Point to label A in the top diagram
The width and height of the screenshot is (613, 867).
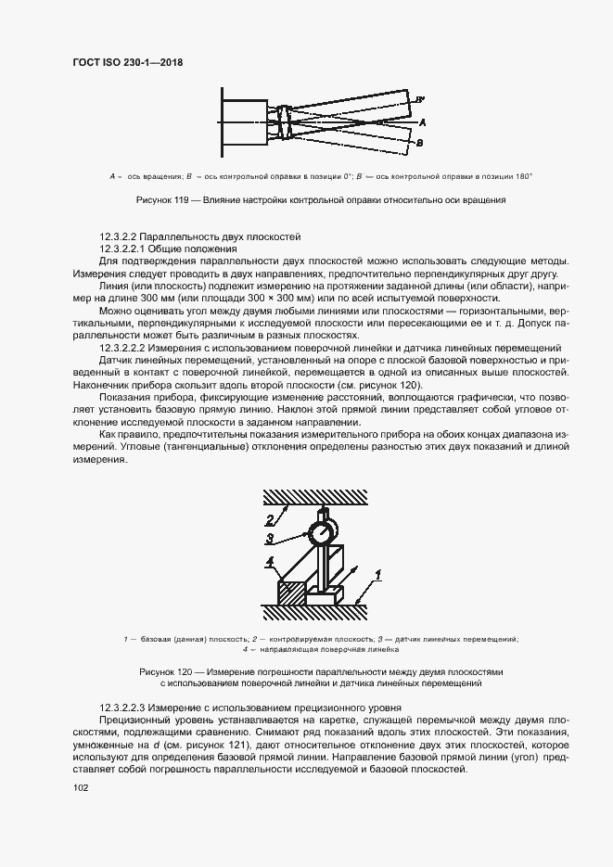coord(422,122)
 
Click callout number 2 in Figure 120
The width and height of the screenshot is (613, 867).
coord(270,519)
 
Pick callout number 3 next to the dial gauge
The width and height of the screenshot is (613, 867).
coord(268,537)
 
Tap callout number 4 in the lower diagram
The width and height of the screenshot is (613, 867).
coord(269,562)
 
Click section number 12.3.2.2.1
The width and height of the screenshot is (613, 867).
coord(125,249)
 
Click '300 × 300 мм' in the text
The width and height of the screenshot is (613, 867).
coord(289,298)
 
